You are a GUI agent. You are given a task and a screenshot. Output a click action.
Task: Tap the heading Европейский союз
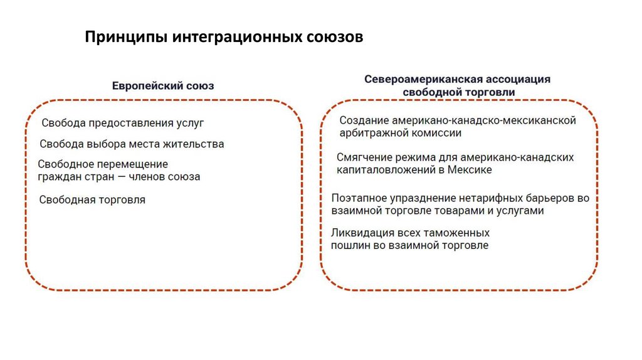click(163, 85)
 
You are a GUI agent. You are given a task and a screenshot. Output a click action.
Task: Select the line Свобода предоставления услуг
click(123, 124)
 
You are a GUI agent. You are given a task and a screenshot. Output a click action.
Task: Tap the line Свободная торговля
click(92, 200)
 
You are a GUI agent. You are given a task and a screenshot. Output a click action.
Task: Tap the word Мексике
click(469, 169)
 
